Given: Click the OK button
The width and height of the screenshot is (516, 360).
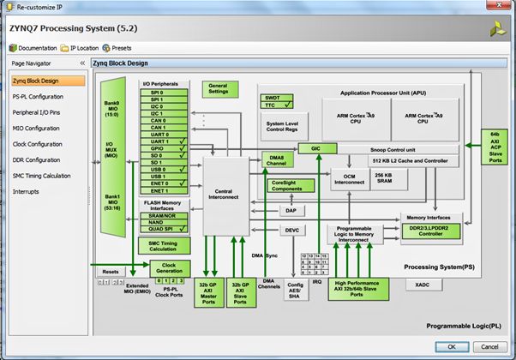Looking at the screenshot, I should coord(450,346).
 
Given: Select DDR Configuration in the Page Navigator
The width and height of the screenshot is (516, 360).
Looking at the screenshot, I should coord(37,159).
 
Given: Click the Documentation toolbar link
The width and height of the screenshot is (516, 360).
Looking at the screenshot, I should coord(33,48).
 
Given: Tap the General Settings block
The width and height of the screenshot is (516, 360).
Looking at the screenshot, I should coord(219,88).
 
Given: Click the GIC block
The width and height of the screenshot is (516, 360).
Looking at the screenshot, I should coord(310,148).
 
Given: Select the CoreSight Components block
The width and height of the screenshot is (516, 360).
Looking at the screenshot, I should coord(292,184).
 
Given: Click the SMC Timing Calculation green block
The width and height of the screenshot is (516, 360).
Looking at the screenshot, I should coord(163,245).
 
